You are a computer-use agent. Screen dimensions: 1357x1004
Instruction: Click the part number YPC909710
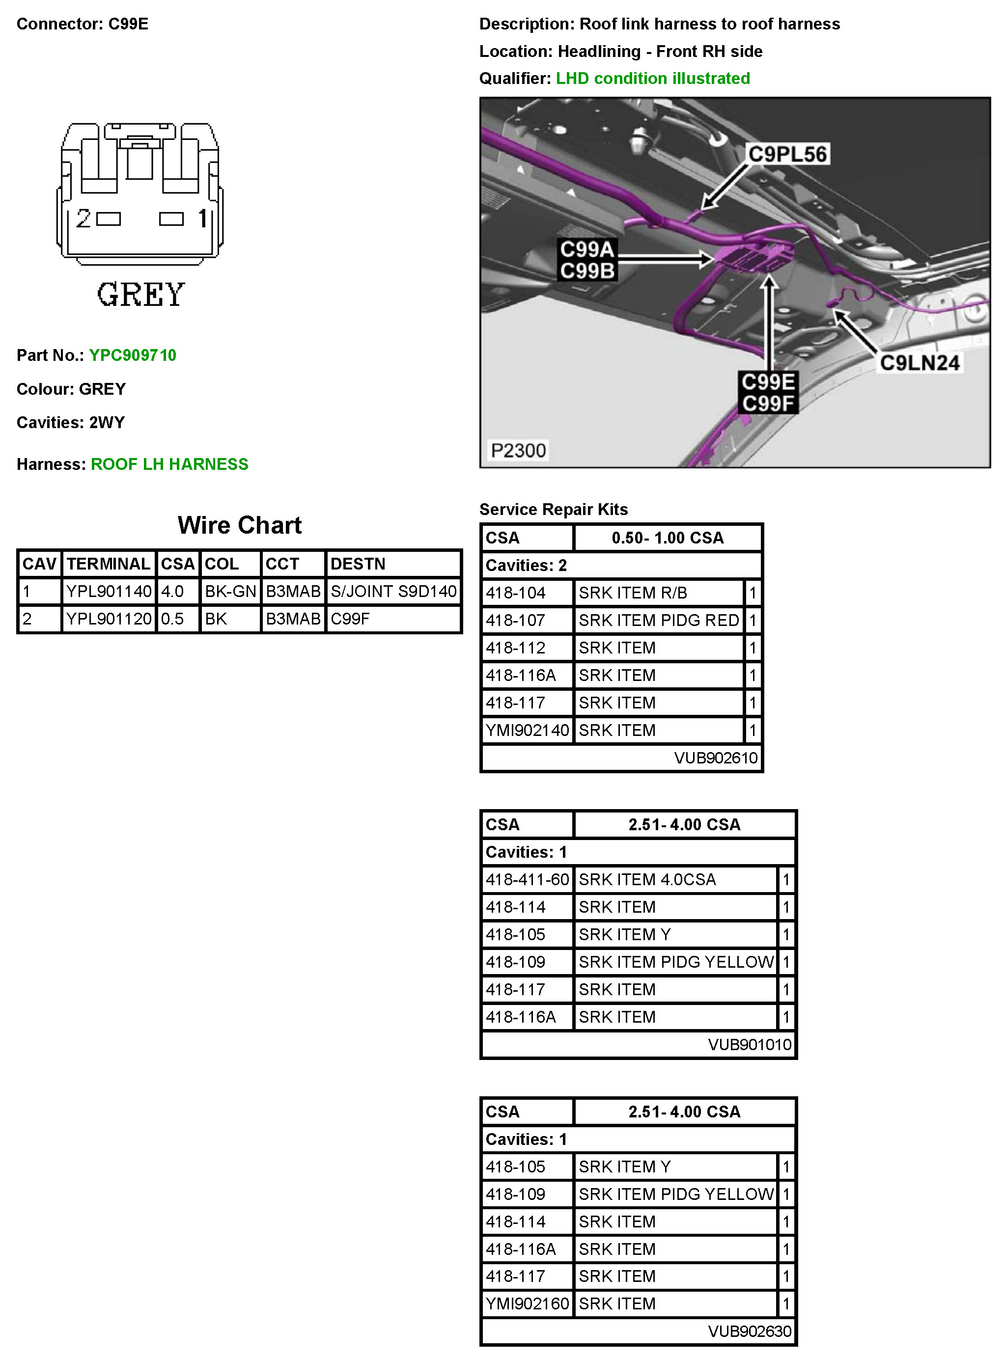(x=133, y=355)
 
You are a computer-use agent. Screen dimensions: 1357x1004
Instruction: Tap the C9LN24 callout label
(x=920, y=363)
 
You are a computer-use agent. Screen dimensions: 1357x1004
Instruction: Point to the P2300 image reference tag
(x=518, y=450)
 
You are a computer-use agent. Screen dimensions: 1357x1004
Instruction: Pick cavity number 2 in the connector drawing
(x=84, y=218)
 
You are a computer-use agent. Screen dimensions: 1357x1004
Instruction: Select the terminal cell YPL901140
(x=109, y=591)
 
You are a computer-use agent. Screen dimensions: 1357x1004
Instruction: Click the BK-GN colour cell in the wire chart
(x=230, y=591)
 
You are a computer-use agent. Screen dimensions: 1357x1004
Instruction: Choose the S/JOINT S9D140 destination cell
(x=393, y=591)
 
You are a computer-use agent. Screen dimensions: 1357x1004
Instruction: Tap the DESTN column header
(x=358, y=564)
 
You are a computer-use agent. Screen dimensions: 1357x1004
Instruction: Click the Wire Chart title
(x=239, y=525)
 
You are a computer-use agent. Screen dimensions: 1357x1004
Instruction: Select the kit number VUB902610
(x=716, y=758)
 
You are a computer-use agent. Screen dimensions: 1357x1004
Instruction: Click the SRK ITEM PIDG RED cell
(x=658, y=620)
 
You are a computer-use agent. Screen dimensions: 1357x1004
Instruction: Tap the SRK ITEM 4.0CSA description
(x=646, y=880)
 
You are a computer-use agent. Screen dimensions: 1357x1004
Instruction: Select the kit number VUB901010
(x=750, y=1044)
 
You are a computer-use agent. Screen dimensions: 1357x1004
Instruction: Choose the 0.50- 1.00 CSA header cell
(x=668, y=538)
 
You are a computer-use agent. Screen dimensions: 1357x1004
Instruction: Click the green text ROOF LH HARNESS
(x=169, y=464)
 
